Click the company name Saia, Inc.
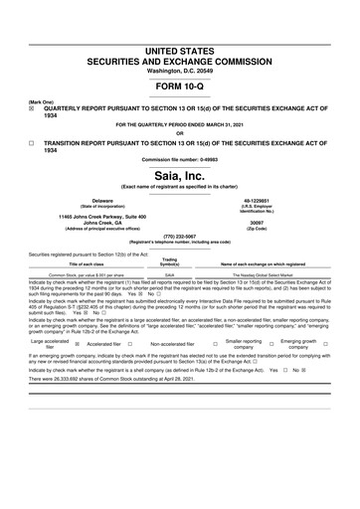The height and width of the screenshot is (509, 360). pyautogui.click(x=179, y=175)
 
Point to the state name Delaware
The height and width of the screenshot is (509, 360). pyautogui.click(x=102, y=200)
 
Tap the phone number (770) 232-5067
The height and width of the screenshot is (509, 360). pyautogui.click(x=179, y=237)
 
